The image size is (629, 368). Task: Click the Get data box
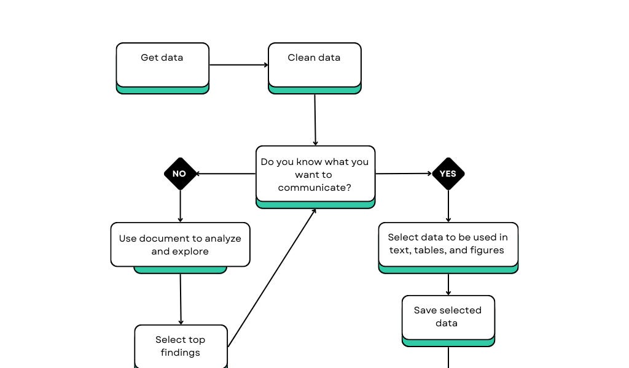(x=162, y=65)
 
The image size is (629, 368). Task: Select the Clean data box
(x=314, y=65)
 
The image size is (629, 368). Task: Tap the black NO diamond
(x=179, y=174)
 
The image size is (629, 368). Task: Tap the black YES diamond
(x=448, y=174)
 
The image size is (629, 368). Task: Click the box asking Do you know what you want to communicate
(x=315, y=174)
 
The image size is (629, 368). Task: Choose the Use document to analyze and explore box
(x=180, y=245)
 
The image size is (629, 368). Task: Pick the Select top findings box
(x=181, y=347)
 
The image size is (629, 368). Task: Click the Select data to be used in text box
(x=448, y=244)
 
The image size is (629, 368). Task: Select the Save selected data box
(x=448, y=317)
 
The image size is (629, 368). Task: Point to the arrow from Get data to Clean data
(x=238, y=65)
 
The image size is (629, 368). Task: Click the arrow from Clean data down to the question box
(x=315, y=120)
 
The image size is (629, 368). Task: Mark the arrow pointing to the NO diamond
(x=226, y=174)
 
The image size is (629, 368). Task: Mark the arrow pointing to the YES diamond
(x=404, y=174)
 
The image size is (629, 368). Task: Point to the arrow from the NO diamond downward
(x=180, y=206)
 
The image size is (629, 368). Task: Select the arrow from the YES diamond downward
(x=448, y=206)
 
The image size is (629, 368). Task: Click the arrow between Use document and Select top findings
(x=181, y=299)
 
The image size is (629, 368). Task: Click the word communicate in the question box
(x=314, y=188)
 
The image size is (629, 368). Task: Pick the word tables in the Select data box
(x=437, y=250)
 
